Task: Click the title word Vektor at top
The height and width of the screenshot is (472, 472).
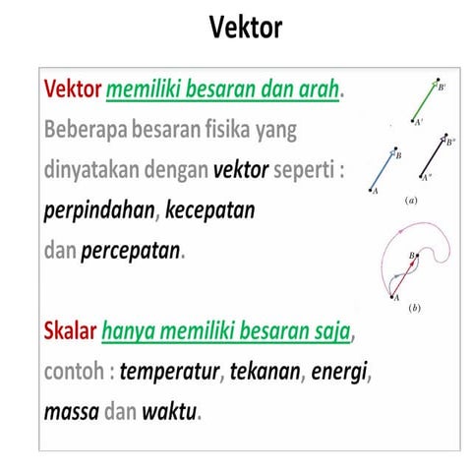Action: coord(246,28)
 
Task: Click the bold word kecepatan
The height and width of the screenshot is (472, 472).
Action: coord(210,209)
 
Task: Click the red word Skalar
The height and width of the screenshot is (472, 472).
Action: coord(70,332)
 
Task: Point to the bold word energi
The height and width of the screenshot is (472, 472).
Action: coord(343,372)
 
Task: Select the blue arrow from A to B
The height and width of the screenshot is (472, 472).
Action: coord(383,169)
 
